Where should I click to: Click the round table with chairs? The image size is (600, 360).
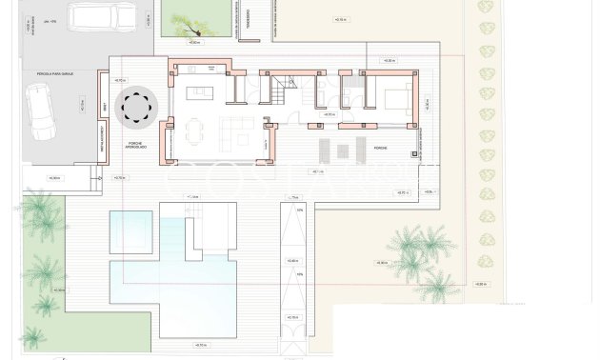[135, 108]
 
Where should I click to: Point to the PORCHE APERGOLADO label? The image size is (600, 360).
[135, 147]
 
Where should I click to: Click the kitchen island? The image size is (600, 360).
[201, 92]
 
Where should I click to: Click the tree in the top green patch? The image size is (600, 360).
[192, 21]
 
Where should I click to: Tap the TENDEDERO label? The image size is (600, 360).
[246, 29]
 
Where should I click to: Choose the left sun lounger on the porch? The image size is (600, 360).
[324, 149]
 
